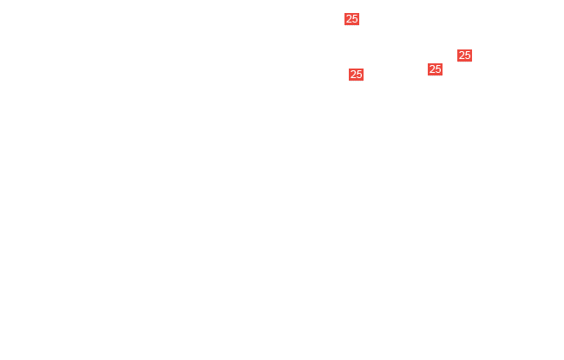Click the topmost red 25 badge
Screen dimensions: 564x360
click(x=351, y=19)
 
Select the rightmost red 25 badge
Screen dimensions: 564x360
click(x=464, y=56)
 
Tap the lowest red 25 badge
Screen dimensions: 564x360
click(x=356, y=75)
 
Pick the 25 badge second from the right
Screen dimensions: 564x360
click(x=435, y=69)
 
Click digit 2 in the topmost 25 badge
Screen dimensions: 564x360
click(x=349, y=19)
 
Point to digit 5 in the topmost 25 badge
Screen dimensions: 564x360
click(x=355, y=19)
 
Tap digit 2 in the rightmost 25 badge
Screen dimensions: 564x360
click(x=462, y=56)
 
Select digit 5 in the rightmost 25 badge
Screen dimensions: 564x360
click(x=467, y=56)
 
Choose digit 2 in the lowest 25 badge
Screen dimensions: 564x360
click(x=353, y=75)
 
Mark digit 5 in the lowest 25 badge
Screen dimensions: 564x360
click(x=359, y=75)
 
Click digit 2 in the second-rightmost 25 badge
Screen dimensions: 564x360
click(x=432, y=69)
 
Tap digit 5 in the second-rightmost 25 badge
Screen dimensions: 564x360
click(x=437, y=69)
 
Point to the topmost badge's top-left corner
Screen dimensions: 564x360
click(x=344, y=13)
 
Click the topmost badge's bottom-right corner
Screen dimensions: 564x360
click(x=359, y=25)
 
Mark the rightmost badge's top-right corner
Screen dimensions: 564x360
click(x=472, y=49)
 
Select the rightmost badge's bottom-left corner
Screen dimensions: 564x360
click(x=457, y=62)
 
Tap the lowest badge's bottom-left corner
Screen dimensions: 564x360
click(x=349, y=81)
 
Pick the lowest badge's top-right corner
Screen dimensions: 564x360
click(x=364, y=69)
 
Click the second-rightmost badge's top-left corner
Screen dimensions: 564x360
click(x=428, y=63)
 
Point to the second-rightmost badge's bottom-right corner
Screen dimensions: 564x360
click(x=443, y=75)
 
